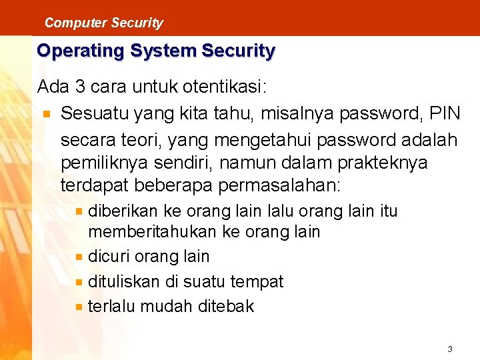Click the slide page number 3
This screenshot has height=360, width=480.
pos(450,349)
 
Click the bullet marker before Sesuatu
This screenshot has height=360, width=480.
pos(45,113)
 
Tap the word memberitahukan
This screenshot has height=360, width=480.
pos(153,232)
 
